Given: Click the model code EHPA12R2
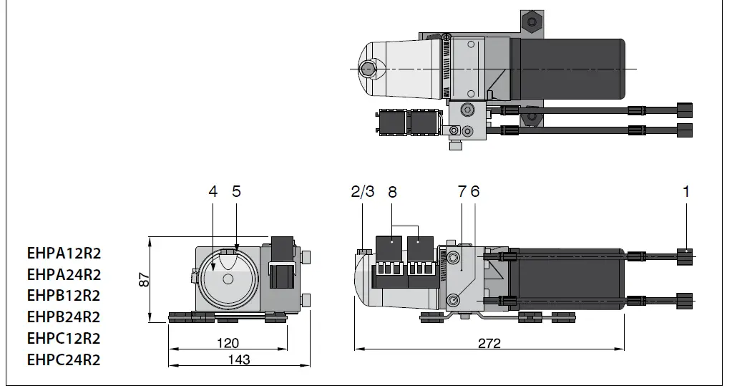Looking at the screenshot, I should click(64, 253).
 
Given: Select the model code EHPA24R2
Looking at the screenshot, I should click(64, 274).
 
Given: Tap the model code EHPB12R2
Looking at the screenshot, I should click(64, 295).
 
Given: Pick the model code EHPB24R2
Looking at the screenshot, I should click(64, 317).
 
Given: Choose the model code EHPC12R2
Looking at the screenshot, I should click(64, 338).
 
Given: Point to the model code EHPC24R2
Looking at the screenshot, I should click(64, 359).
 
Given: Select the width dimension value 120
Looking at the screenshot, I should click(228, 344).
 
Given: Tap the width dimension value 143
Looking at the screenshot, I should click(238, 359).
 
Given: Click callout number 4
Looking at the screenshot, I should click(213, 191).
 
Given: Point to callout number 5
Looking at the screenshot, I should click(236, 191).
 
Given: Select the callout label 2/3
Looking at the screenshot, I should click(363, 191).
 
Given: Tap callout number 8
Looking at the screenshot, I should click(391, 191).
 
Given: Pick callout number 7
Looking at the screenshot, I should click(462, 191).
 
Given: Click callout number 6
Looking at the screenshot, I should click(475, 191).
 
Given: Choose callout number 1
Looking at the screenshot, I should click(686, 191).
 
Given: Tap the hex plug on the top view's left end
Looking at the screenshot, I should click(368, 69).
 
